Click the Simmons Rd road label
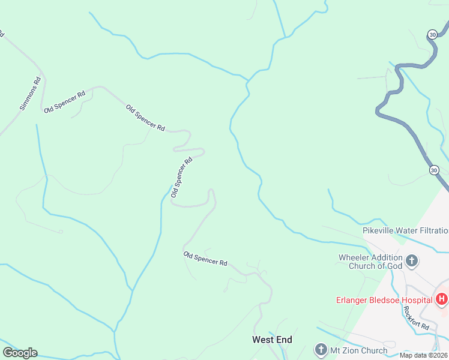[31, 94]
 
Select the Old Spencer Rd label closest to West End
[205, 259]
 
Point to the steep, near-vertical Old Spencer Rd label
[181, 177]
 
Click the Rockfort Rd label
[415, 318]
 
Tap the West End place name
[271, 340]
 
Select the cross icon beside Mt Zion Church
[321, 350]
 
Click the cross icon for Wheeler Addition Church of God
[412, 260]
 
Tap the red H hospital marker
[442, 299]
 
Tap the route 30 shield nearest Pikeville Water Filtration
[434, 170]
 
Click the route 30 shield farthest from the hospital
[432, 35]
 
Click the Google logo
[20, 353]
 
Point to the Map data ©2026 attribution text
[423, 355]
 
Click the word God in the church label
[394, 266]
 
